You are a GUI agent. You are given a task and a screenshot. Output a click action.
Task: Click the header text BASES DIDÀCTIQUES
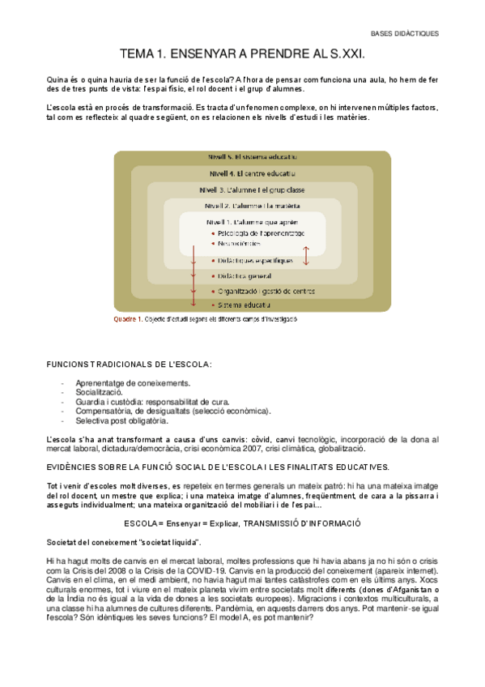(x=404, y=33)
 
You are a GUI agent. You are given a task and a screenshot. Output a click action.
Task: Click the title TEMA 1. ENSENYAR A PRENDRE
(x=242, y=54)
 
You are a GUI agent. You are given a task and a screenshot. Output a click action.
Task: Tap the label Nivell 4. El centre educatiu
(x=252, y=173)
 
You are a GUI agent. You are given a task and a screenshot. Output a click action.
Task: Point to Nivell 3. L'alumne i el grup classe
(x=251, y=190)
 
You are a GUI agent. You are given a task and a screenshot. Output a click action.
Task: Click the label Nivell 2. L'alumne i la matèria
(x=251, y=206)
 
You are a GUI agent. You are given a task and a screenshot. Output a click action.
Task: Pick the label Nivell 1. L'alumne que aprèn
(x=253, y=221)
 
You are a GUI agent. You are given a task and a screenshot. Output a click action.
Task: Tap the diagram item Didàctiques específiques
(x=255, y=261)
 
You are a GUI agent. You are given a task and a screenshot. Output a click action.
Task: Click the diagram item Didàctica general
(x=245, y=275)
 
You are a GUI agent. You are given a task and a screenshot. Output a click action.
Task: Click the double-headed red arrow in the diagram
(x=307, y=254)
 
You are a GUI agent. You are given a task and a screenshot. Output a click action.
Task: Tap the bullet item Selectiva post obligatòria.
(x=122, y=420)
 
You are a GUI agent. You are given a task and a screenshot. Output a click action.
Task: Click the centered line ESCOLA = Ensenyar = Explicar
(x=242, y=524)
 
